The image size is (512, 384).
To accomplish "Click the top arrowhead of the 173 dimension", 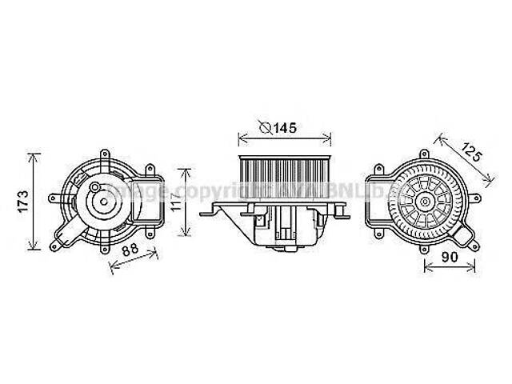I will coord(34,155).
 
